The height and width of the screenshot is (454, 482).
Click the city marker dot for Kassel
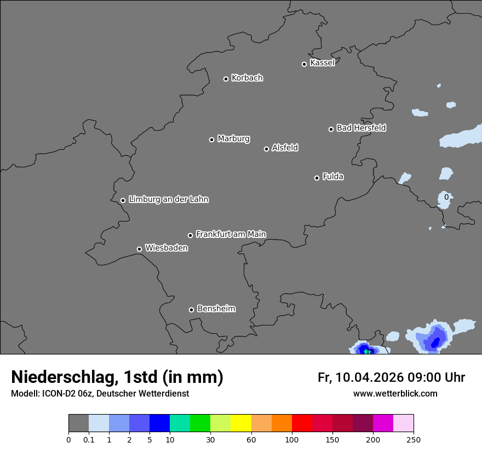coord(304,64)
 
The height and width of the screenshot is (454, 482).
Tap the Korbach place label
coord(247,78)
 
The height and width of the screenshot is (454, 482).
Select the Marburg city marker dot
coord(211,139)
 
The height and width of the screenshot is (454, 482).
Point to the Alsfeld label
coord(285,148)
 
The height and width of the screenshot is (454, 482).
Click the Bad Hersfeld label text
coord(361,128)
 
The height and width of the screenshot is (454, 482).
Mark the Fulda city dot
coord(317,178)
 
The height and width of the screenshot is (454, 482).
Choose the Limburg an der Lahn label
coord(168,199)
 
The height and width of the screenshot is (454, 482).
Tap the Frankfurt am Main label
coord(231,234)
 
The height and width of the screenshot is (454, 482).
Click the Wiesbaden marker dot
coord(139,249)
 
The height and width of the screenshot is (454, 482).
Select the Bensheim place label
coord(216,309)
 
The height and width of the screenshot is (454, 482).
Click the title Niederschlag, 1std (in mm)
coord(117,377)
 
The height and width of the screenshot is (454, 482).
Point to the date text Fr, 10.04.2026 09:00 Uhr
coord(391,377)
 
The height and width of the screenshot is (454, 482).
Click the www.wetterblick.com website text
coord(395,393)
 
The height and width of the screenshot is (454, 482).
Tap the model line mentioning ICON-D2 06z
coord(100,393)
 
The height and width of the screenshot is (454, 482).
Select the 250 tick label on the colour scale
coord(414,439)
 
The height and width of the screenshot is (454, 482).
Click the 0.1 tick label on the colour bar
coord(89,439)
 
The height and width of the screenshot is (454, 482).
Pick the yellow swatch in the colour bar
coord(241,423)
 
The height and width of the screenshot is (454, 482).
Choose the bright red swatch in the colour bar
coord(302,423)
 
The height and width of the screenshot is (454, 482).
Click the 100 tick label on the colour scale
coord(292,439)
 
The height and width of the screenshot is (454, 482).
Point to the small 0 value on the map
coord(446,197)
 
